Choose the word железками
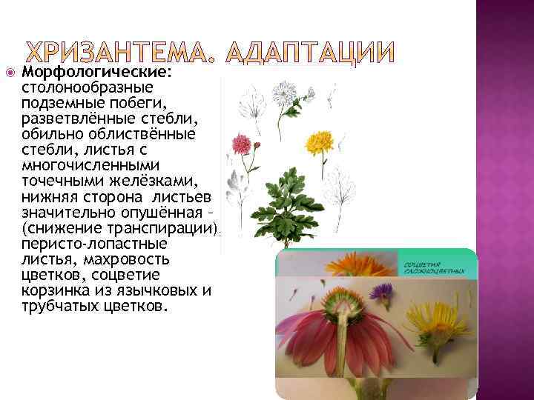pos(150,181)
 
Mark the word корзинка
pos(56,290)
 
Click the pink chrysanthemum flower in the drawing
pos(243,142)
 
